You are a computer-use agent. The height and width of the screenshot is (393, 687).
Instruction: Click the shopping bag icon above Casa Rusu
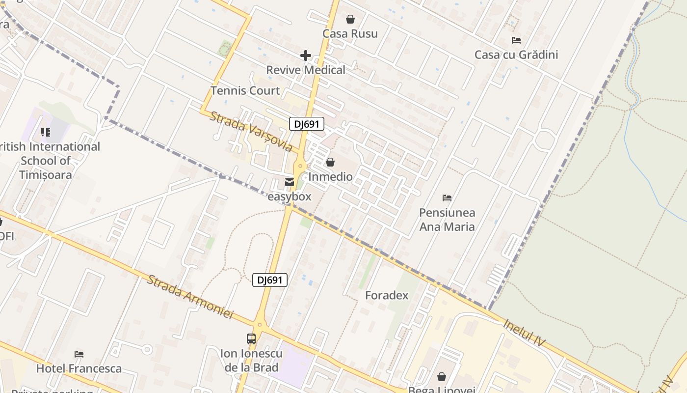(x=350, y=19)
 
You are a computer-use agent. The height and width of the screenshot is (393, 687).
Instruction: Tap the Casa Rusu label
(x=350, y=33)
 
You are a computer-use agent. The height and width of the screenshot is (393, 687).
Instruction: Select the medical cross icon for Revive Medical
(x=306, y=56)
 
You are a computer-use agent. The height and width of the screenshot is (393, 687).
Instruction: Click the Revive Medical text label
(x=306, y=70)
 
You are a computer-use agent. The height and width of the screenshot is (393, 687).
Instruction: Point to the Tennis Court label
(x=245, y=90)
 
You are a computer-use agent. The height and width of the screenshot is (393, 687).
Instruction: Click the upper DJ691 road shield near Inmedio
(x=307, y=124)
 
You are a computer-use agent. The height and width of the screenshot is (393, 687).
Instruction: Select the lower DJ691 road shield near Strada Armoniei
(x=269, y=280)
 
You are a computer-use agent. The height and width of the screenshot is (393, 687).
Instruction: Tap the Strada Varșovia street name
(x=251, y=131)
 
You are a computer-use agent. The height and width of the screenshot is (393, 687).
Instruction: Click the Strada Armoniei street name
(x=190, y=297)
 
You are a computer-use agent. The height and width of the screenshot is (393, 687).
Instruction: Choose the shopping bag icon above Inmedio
(x=330, y=162)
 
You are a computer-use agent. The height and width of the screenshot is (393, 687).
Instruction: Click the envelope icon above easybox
(x=290, y=182)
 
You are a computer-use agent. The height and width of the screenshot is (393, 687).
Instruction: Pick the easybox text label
(x=290, y=196)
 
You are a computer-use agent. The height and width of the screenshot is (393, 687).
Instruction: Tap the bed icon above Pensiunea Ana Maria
(x=447, y=198)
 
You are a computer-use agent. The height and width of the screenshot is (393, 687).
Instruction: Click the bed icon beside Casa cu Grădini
(x=516, y=40)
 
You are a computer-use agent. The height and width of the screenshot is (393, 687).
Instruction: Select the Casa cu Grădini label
(x=516, y=55)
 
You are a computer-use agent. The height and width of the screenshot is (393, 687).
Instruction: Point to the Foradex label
(x=387, y=295)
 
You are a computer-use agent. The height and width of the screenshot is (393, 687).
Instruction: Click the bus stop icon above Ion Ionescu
(x=251, y=338)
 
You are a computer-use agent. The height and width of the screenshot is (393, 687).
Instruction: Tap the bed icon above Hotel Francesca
(x=79, y=354)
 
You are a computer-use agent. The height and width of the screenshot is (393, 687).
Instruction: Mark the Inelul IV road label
(x=524, y=332)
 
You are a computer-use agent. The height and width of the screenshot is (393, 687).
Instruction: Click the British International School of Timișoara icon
(x=46, y=132)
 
